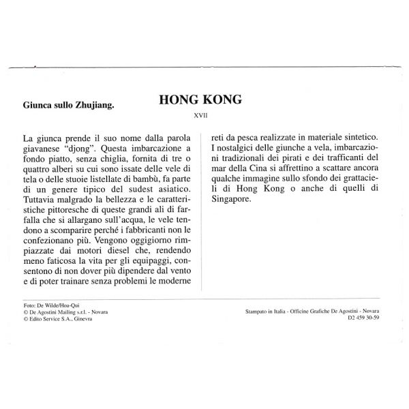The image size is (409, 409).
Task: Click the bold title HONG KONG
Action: pos(200,100)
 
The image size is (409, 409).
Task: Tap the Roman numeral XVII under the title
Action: pos(200,117)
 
